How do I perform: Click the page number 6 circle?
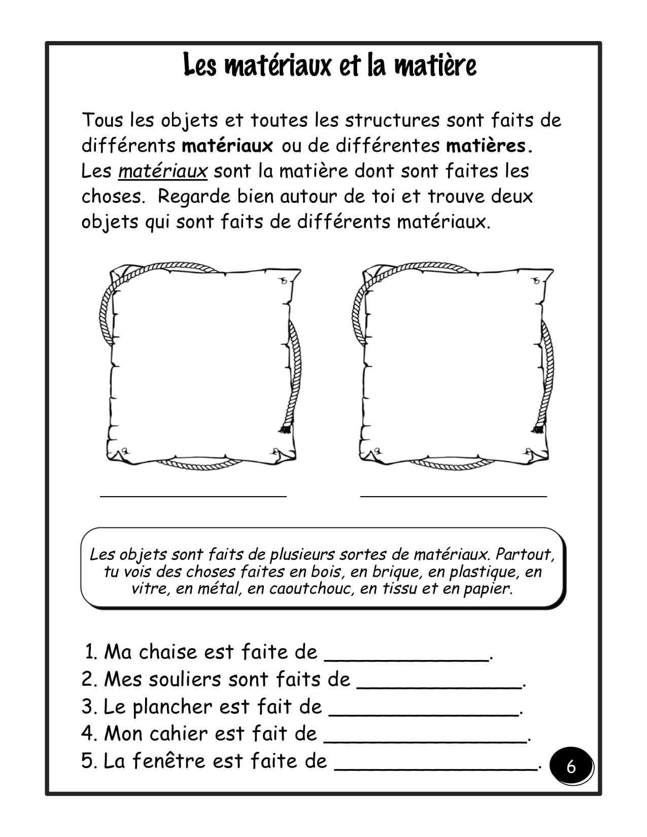[x=571, y=766]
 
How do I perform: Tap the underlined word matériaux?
[x=163, y=171]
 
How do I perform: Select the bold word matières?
[x=489, y=146]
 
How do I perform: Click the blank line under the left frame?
[x=193, y=495]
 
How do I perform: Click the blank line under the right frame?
[x=453, y=495]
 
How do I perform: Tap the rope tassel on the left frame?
[x=285, y=429]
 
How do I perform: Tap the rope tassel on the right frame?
[x=538, y=429]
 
